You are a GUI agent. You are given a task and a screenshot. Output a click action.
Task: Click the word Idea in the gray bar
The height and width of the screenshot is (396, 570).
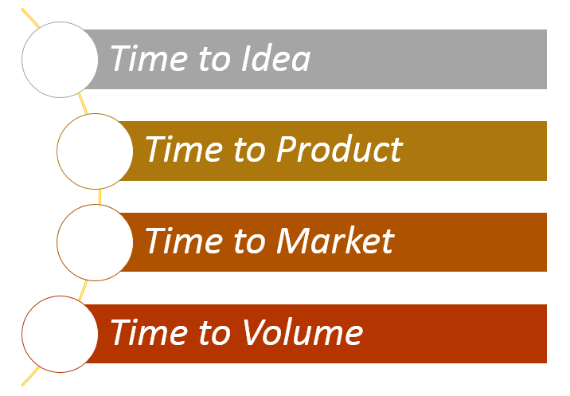(x=276, y=58)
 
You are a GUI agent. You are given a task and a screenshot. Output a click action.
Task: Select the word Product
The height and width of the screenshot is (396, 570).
(x=339, y=149)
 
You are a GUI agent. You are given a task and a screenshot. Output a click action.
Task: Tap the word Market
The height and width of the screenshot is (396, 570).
(x=335, y=240)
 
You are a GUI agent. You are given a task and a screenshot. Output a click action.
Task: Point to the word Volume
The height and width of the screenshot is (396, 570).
(x=303, y=331)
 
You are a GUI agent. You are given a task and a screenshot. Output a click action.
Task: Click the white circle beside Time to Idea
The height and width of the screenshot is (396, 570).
(x=60, y=60)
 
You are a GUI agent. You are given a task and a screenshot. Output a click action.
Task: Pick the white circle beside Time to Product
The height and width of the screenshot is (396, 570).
(x=95, y=151)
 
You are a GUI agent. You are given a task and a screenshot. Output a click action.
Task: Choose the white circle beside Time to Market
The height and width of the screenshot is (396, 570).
(x=95, y=242)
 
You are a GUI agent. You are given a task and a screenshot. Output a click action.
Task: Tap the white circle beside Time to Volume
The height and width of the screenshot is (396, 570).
(x=60, y=334)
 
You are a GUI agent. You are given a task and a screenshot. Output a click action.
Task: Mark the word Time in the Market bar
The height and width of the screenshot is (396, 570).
(x=185, y=240)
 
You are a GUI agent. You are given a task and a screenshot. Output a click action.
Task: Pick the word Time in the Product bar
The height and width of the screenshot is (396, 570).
(x=185, y=149)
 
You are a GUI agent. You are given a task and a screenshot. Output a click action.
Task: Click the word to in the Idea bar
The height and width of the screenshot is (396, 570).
(x=214, y=59)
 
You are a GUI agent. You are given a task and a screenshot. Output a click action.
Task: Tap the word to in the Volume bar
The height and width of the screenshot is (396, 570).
(x=214, y=332)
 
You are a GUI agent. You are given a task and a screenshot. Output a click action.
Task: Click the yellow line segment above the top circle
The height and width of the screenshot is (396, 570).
(x=30, y=18)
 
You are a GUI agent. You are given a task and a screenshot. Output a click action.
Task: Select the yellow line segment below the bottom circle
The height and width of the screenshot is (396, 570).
(x=30, y=376)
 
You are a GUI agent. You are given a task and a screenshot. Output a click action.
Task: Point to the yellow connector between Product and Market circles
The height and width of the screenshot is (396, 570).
(x=100, y=197)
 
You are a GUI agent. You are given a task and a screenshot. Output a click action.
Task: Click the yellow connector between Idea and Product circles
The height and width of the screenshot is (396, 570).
(x=84, y=104)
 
